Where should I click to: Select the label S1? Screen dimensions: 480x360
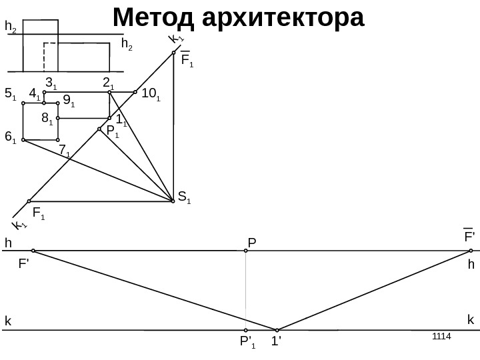184,197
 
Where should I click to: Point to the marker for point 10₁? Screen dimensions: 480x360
135,93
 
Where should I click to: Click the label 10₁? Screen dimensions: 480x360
151,97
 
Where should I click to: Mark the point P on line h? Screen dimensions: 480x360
246,251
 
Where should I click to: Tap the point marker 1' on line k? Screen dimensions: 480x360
277,329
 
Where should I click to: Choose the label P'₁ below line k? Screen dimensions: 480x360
247,344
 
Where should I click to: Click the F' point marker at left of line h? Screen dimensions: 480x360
33,251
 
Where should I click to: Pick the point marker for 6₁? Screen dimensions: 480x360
23,140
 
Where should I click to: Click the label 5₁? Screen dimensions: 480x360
10,95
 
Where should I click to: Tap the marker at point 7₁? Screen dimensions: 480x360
58,140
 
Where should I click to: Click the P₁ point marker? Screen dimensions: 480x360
99,129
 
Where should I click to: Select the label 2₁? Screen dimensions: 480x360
108,83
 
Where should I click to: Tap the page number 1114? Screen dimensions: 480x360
441,335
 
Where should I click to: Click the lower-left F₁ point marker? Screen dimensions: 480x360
29,201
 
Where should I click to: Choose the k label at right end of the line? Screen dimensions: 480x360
470,320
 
